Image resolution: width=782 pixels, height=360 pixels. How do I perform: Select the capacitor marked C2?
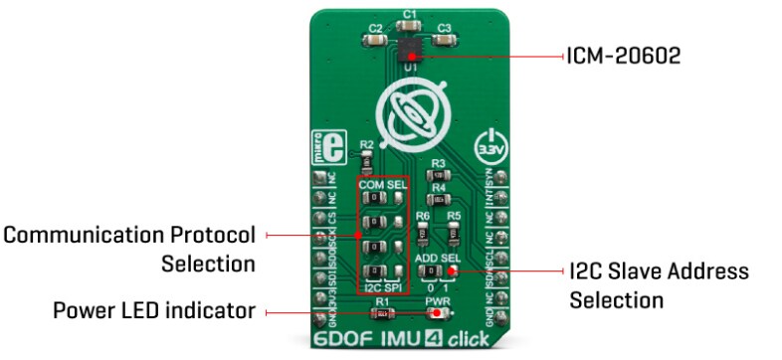[x=375, y=41]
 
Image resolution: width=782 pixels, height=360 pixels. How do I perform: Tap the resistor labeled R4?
[x=438, y=198]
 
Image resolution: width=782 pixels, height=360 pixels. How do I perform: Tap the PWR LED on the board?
[x=437, y=314]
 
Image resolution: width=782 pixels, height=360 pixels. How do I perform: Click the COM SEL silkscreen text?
[x=383, y=183]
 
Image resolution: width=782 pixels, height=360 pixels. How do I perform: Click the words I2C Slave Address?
[x=659, y=271]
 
